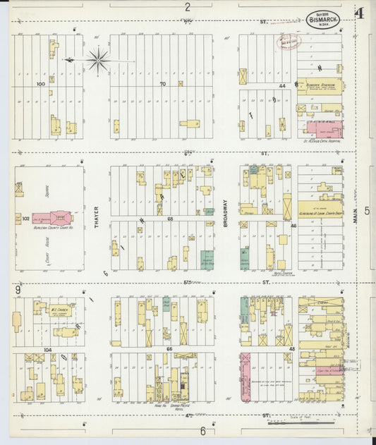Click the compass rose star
coord(97,60)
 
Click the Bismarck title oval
coord(322,18)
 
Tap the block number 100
coord(41,84)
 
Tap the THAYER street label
coord(97,218)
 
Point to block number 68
coord(170,219)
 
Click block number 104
coord(47,349)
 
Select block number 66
coord(169,349)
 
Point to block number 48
coord(291,349)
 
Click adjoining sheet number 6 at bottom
coord(202,431)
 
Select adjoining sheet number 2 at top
coord(188,8)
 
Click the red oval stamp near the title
coord(289,42)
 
